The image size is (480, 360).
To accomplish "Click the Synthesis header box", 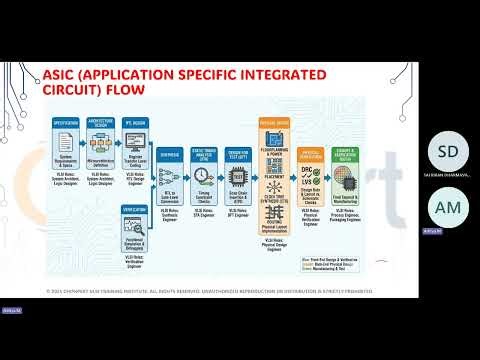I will coord(168,156).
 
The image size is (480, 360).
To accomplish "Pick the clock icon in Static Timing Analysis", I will coord(203,176).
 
